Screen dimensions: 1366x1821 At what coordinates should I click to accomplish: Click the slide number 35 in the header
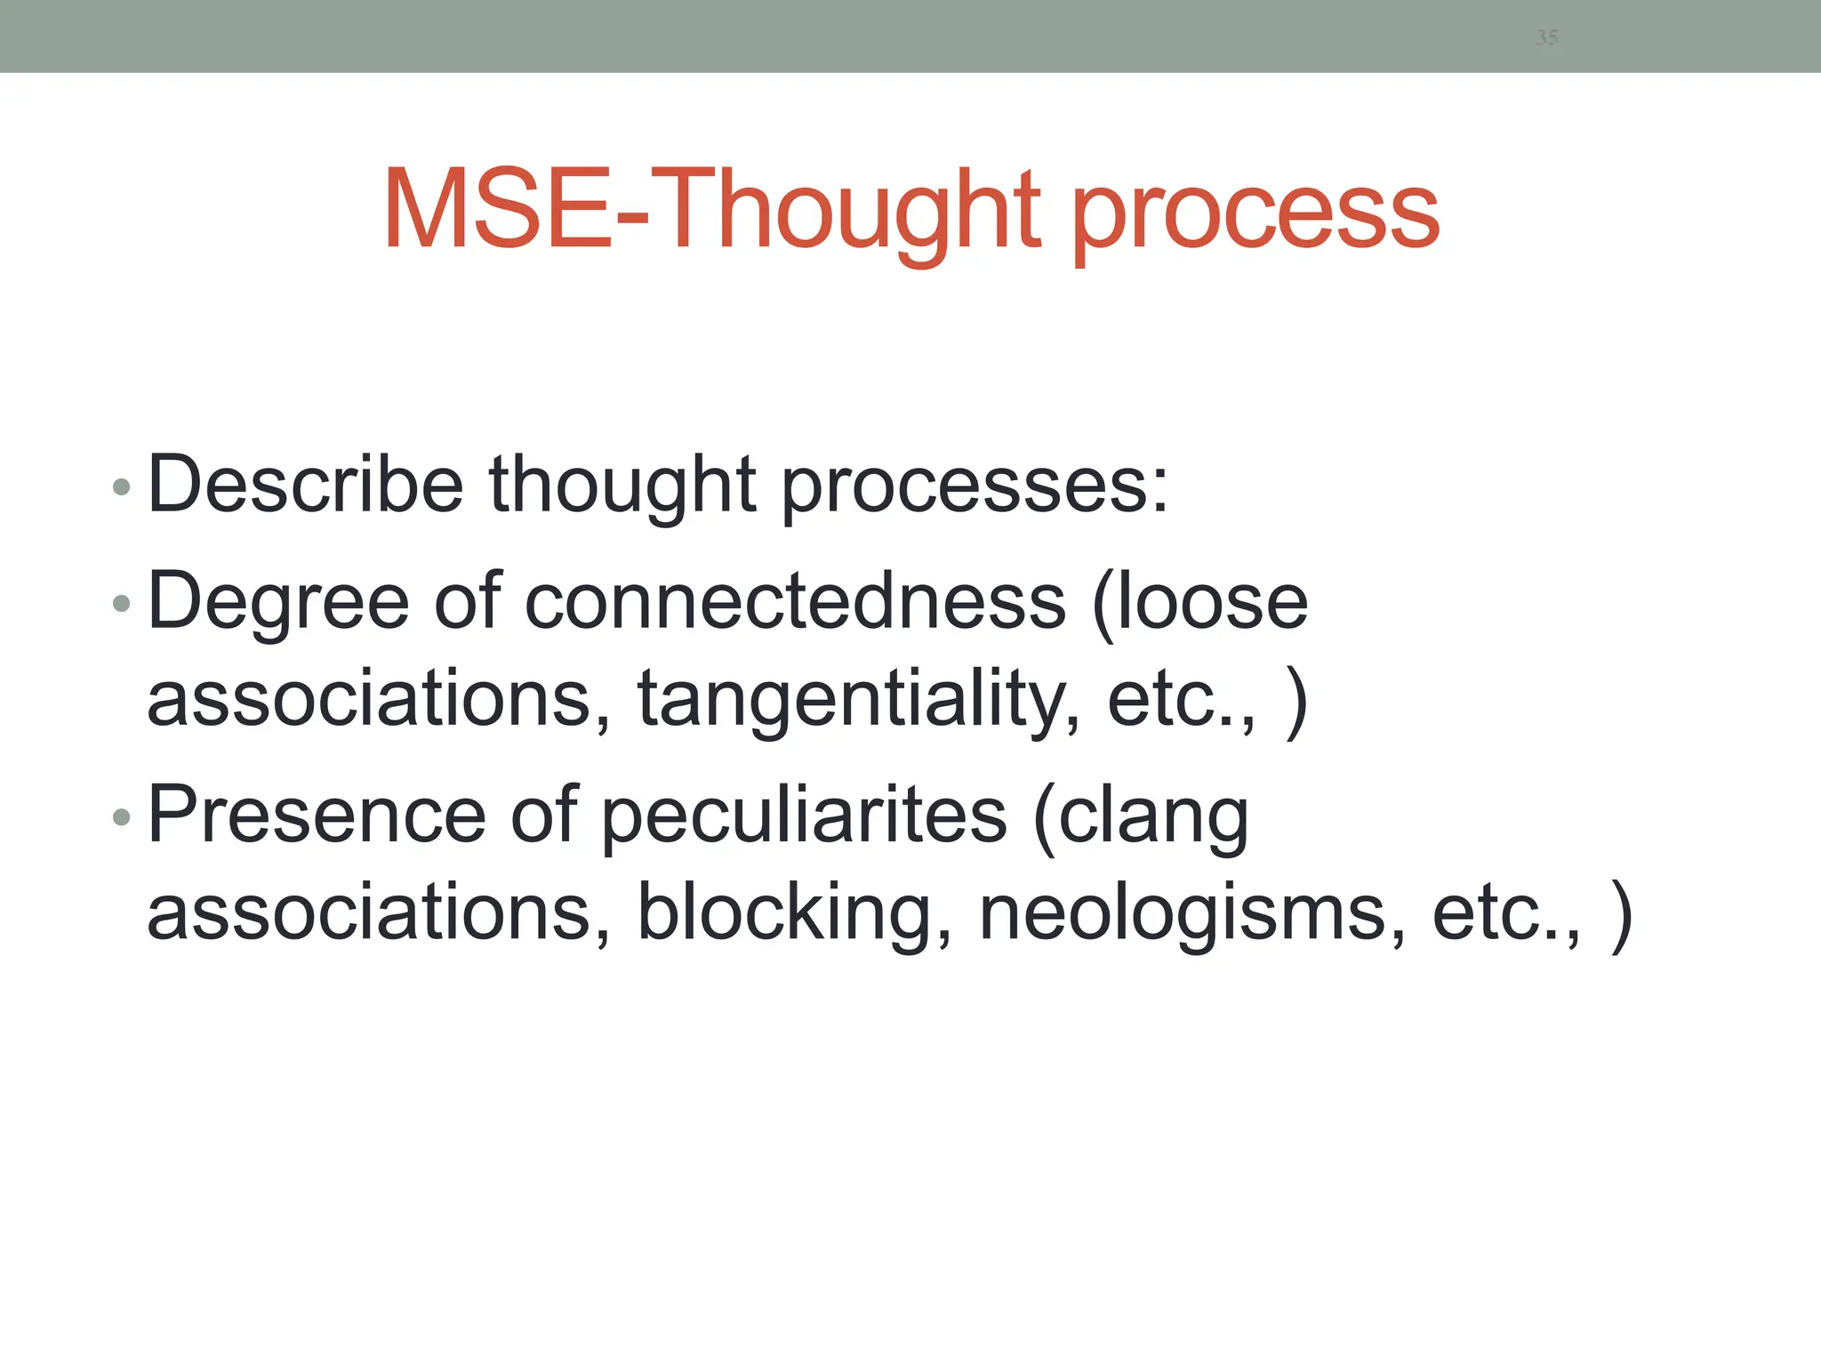pos(1546,37)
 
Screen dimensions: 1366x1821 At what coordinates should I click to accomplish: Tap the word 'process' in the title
pos(1255,213)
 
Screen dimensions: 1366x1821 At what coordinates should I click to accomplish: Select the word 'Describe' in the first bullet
pos(305,485)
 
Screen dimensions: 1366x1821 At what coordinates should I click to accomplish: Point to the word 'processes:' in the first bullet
pos(975,487)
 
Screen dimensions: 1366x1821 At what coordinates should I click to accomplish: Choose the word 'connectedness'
pos(795,603)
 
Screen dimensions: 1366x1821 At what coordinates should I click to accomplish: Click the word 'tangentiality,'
pos(859,700)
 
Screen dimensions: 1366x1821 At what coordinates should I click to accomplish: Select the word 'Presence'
pos(317,815)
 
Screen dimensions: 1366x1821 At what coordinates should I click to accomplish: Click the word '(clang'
pos(1142,816)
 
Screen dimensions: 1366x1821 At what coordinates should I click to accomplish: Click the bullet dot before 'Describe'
pos(122,487)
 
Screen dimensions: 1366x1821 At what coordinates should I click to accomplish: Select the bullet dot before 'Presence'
pos(122,816)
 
